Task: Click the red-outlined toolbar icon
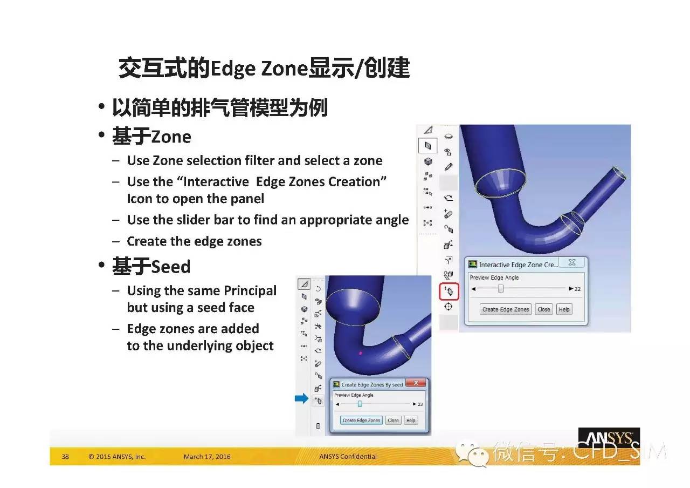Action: tap(449, 291)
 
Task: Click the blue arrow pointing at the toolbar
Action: tap(301, 398)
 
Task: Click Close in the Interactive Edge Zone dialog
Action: tap(544, 309)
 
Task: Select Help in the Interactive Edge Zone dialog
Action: tap(564, 309)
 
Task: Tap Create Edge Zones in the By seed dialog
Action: tap(361, 420)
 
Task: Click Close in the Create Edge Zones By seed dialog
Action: tap(393, 420)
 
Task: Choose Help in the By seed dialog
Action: tap(411, 420)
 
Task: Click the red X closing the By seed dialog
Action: tap(416, 383)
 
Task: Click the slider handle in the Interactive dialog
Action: tap(501, 288)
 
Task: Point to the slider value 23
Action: tap(420, 404)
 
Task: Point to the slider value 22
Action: tap(577, 289)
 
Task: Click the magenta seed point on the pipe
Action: tap(361, 353)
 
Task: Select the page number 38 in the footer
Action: tap(65, 457)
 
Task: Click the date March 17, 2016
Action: tap(207, 457)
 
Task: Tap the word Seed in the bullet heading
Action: tap(171, 267)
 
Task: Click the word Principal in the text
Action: tap(250, 291)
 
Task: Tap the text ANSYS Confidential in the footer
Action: tap(348, 457)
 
